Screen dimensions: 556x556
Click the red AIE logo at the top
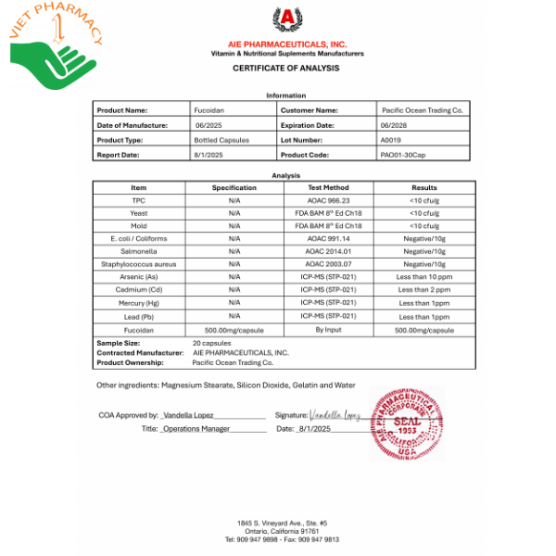[286, 19]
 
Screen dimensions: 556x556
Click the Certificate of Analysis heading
[286, 69]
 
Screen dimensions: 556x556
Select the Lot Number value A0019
[392, 139]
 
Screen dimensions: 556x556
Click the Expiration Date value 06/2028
[393, 124]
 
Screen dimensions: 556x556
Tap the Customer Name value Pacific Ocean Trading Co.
[422, 109]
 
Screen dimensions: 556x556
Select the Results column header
[423, 187]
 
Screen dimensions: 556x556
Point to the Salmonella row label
[139, 251]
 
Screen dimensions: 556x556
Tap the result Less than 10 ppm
[423, 276]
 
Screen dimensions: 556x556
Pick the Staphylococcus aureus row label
[139, 263]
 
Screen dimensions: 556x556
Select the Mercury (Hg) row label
[139, 302]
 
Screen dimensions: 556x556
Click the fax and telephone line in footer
[281, 537]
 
